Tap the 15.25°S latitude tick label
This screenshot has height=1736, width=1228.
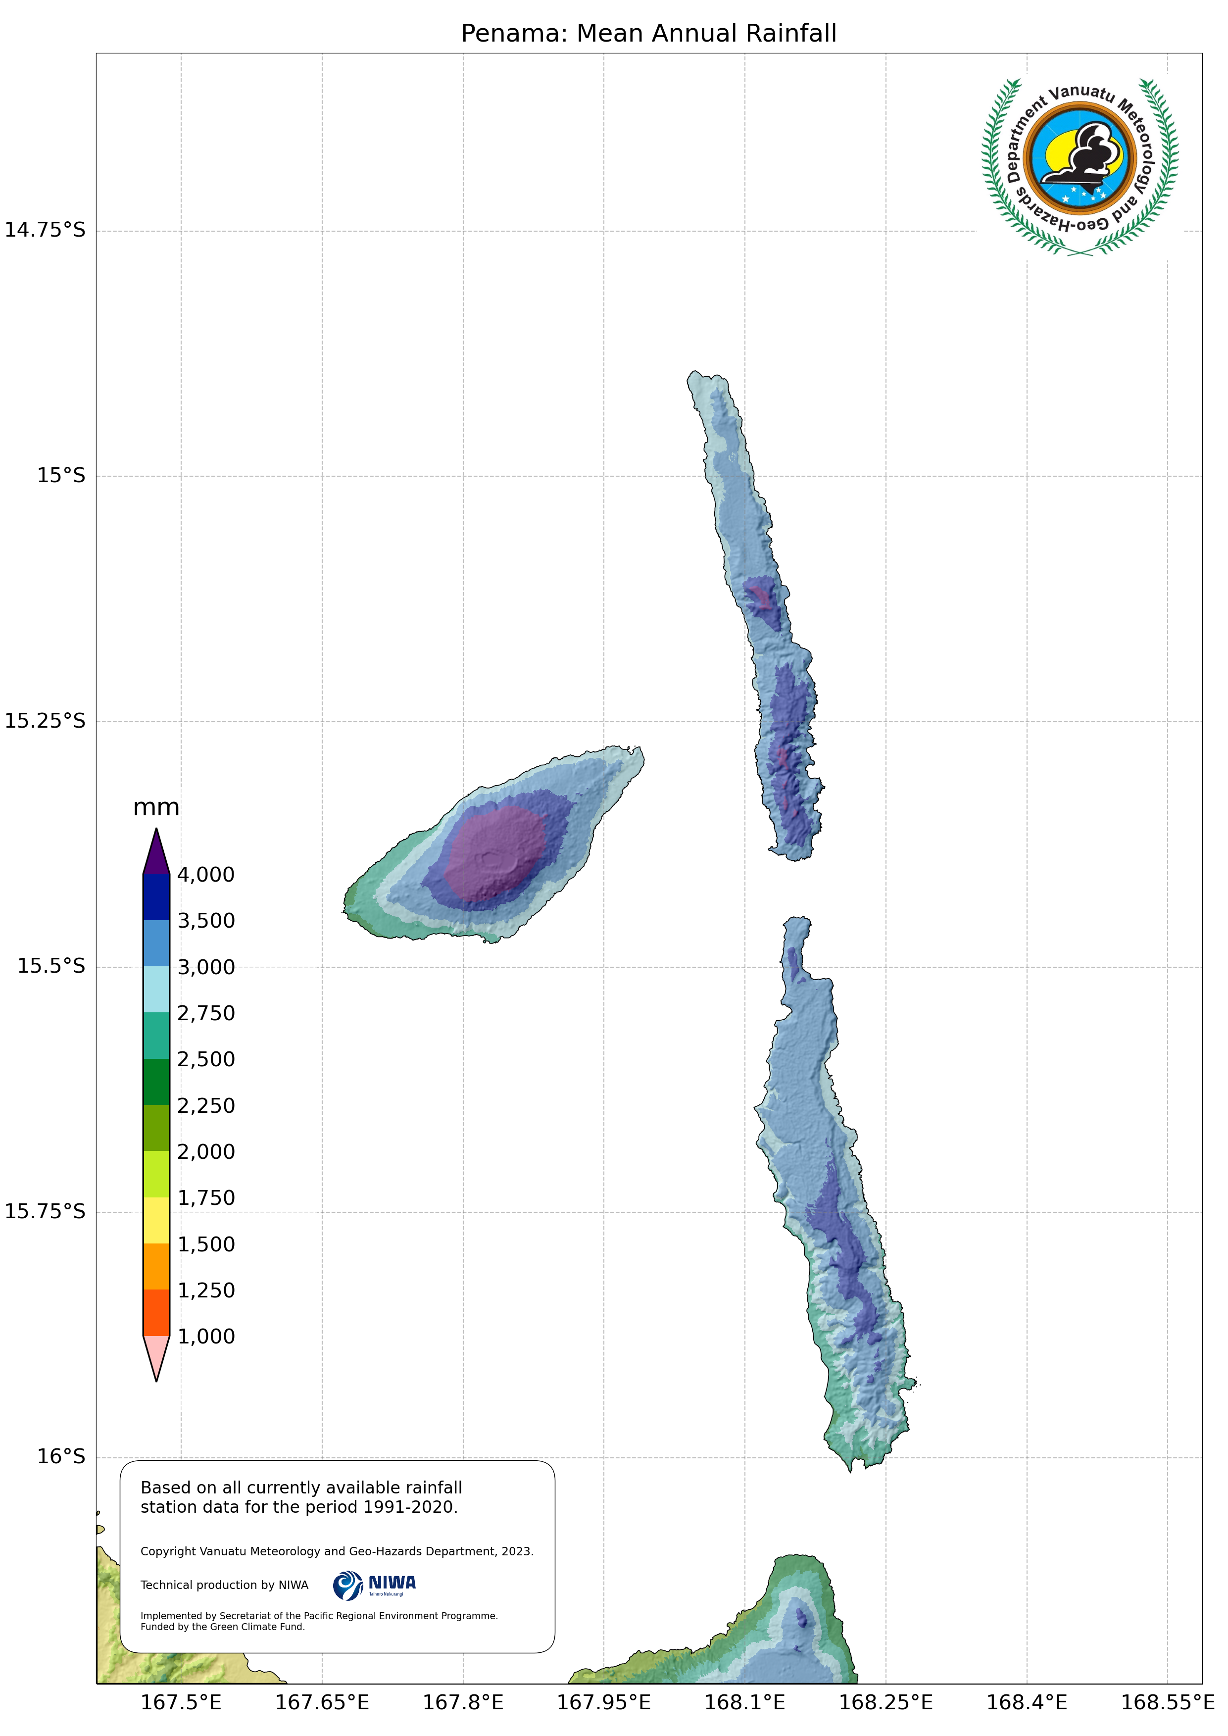pos(46,721)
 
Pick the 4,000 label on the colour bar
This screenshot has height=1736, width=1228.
pos(206,875)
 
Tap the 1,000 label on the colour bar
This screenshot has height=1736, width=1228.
pos(206,1336)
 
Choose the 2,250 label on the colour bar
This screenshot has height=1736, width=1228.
pos(206,1105)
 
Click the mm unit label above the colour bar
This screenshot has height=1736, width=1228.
pos(156,807)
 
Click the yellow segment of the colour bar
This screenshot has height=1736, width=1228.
pos(156,1220)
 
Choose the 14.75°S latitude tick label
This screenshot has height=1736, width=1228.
pos(46,230)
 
